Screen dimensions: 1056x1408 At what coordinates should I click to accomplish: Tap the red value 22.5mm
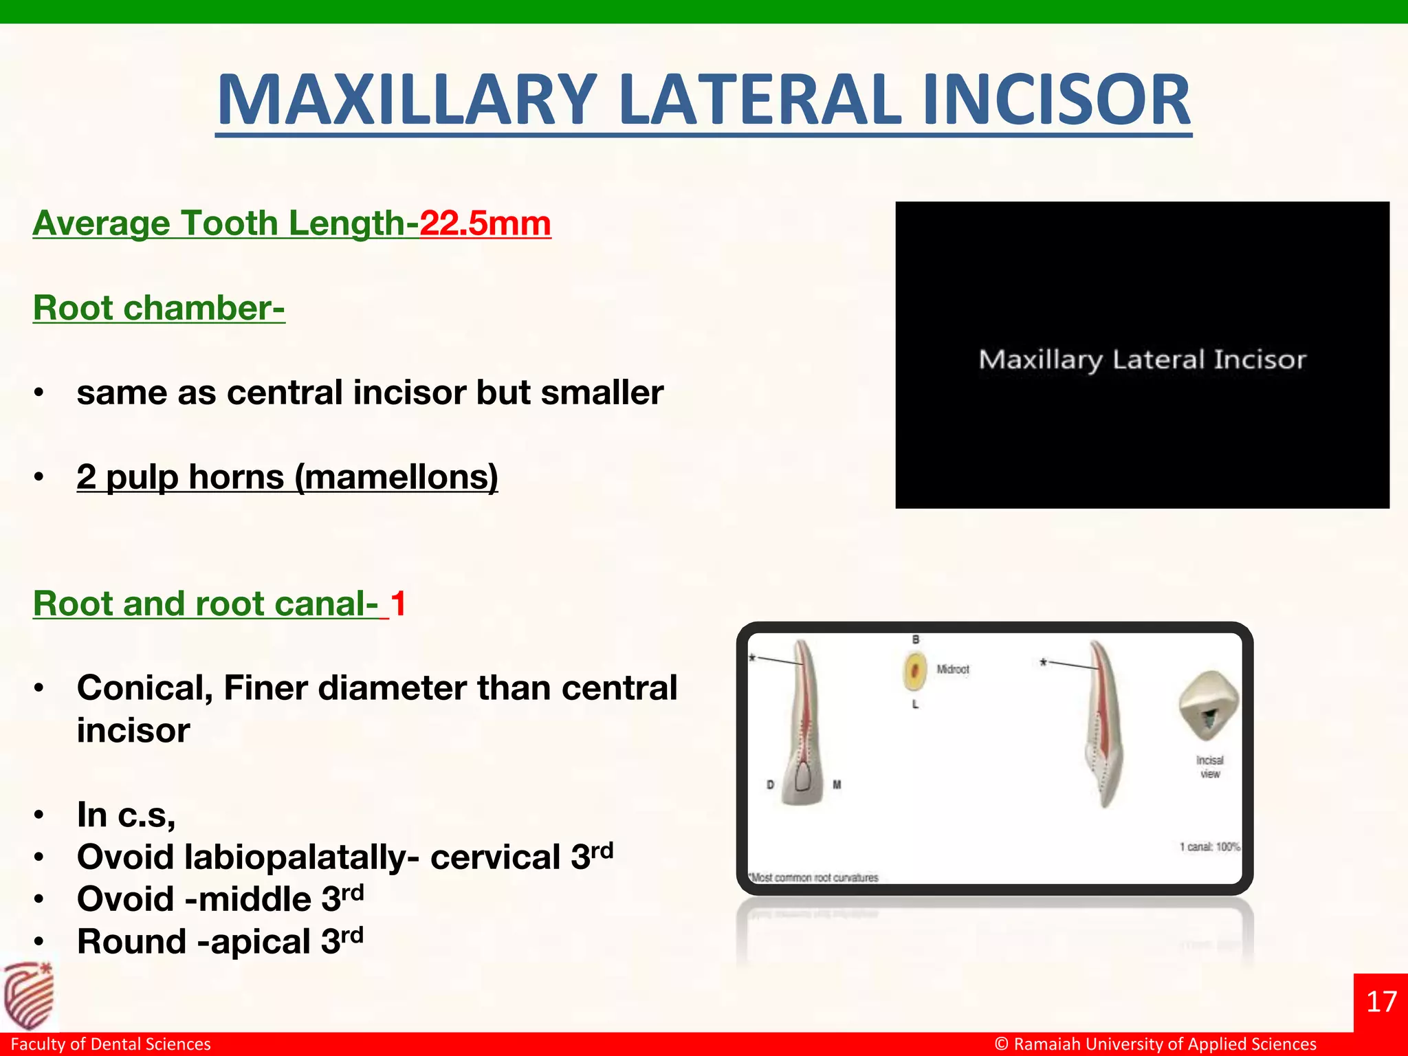[x=485, y=223]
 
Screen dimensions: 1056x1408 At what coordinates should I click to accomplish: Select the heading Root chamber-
[x=159, y=308]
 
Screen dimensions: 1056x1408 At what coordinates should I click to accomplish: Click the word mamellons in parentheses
[x=397, y=477]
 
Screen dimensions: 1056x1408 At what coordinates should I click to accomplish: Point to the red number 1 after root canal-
[x=399, y=604]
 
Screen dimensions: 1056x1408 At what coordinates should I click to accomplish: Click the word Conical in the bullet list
[x=144, y=688]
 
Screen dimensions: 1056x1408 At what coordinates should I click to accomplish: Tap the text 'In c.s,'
[x=126, y=815]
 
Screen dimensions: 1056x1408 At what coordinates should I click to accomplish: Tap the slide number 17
[x=1381, y=1002]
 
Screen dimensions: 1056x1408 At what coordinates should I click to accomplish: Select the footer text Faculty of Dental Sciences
[x=111, y=1044]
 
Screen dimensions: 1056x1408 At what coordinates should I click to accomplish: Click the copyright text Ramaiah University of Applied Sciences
[x=1165, y=1044]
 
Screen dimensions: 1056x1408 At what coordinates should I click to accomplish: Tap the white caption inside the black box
[x=1142, y=360]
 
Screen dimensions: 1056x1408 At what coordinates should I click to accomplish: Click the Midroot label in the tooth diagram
[x=953, y=669]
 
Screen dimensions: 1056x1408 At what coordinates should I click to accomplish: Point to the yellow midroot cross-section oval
[x=914, y=670]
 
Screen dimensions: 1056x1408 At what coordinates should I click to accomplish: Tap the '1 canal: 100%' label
[x=1210, y=847]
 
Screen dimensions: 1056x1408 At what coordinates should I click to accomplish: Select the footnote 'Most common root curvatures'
[x=814, y=878]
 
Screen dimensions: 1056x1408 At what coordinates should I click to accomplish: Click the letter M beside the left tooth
[x=837, y=784]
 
